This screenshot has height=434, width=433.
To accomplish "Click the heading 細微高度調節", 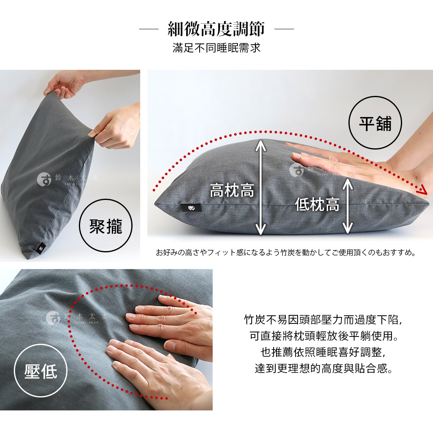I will tap(216, 29).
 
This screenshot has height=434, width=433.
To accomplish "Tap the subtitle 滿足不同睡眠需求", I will tap(216, 48).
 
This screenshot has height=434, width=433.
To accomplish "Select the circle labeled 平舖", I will tap(375, 123).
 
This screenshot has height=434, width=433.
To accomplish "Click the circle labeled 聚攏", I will tap(105, 226).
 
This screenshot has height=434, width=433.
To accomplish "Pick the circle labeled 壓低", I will tap(40, 370).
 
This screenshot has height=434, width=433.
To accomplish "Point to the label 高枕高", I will tap(232, 190).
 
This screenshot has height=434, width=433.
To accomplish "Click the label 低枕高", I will tap(317, 204).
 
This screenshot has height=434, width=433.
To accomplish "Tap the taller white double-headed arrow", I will tap(261, 187).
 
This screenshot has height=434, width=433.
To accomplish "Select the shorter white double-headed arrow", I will tap(347, 206).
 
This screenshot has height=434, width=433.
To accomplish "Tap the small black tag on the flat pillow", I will tap(190, 208).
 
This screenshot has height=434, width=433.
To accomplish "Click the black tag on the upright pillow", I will tap(42, 247).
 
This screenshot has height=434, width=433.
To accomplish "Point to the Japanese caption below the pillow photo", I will tap(286, 253).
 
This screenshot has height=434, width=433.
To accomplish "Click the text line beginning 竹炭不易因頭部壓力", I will tap(323, 320).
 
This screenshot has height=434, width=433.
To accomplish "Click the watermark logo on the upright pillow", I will tap(44, 179).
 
